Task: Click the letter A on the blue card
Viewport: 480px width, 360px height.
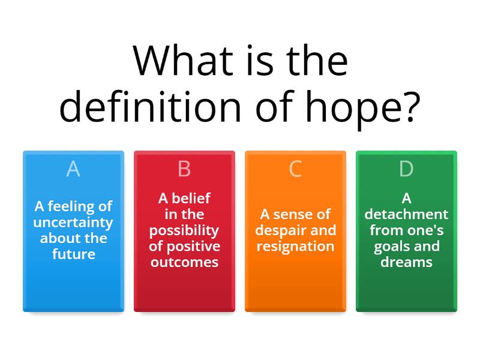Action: (x=73, y=169)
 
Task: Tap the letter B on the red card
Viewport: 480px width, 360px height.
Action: (x=184, y=169)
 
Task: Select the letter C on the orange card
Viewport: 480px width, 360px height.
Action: (x=295, y=169)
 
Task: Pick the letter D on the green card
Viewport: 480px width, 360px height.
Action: (x=406, y=169)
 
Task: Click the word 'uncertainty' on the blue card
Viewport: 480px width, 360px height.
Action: (x=73, y=223)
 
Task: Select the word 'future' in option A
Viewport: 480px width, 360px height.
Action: (x=73, y=254)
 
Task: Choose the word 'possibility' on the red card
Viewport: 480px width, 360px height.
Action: (x=184, y=230)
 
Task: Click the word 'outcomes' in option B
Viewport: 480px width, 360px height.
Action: (x=184, y=262)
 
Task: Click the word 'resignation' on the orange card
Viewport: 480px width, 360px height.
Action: (x=295, y=246)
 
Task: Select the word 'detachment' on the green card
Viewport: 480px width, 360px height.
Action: (x=406, y=214)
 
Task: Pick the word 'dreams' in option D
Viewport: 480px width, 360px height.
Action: (x=406, y=262)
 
